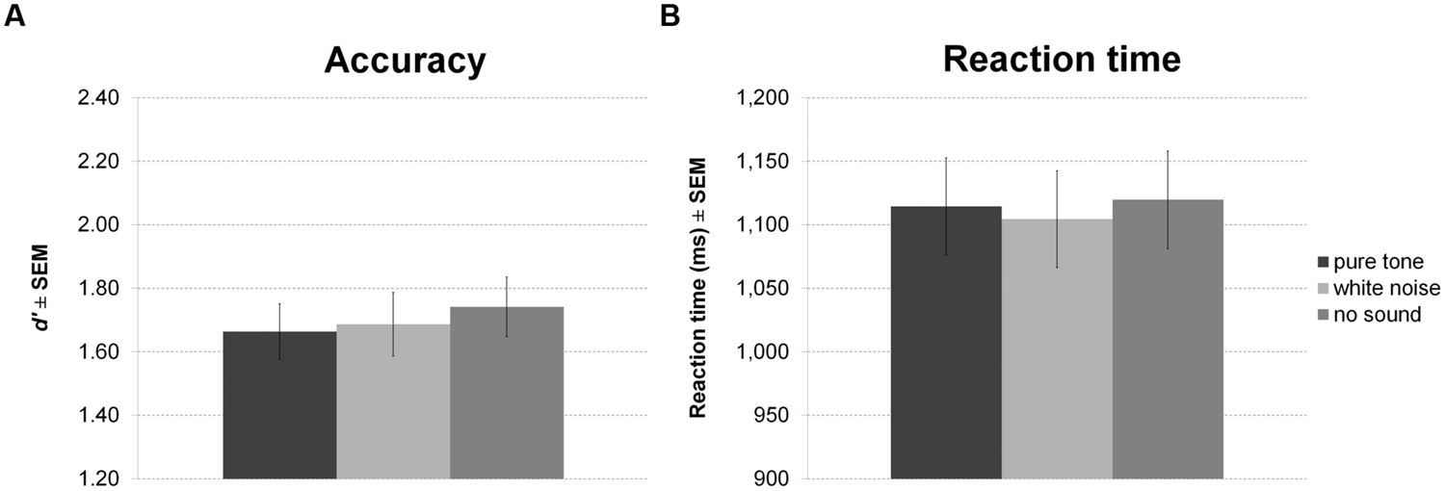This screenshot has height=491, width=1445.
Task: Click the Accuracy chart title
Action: point(405,60)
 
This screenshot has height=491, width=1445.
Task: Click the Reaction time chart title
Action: point(1063,60)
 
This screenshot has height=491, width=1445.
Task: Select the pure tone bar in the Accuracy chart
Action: point(279,404)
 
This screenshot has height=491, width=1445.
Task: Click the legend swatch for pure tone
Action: point(1324,263)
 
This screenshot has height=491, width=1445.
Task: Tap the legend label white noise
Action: point(1389,289)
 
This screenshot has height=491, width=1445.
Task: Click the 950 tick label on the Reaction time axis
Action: point(771,416)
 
